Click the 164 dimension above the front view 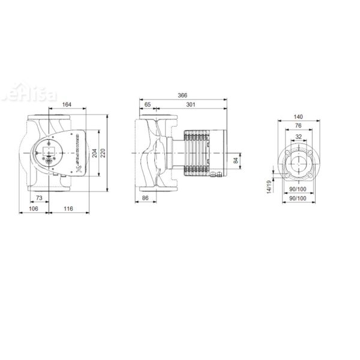(x=67, y=106)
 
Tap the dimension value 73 (x=38, y=197)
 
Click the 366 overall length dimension (x=182, y=95)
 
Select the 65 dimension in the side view (x=148, y=106)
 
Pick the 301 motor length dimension (x=190, y=106)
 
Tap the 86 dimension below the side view (x=145, y=197)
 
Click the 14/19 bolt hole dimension (x=268, y=187)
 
